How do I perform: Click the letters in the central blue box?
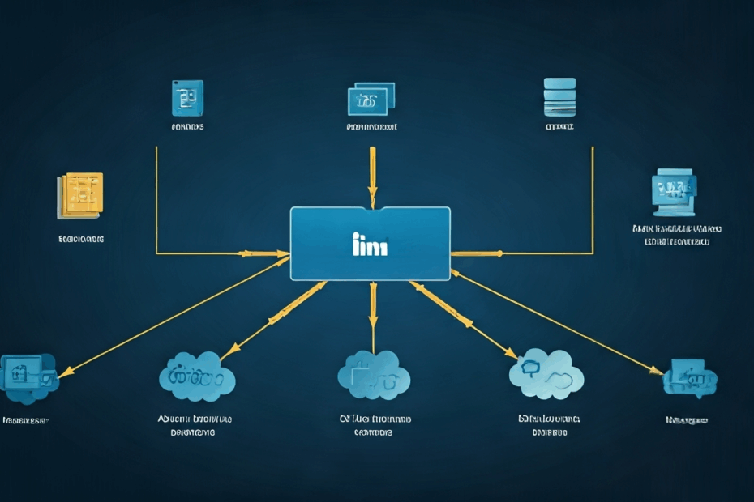pos(371,245)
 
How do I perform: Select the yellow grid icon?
pos(80,195)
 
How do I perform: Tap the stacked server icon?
pos(559,97)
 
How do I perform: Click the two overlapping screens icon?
pos(371,100)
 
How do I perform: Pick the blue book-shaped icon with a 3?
pos(187,98)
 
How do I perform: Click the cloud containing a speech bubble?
pos(546,374)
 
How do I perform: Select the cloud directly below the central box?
pos(373,375)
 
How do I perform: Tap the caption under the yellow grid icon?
pos(81,240)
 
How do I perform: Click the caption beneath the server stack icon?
pos(559,127)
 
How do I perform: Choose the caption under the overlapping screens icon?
pos(371,127)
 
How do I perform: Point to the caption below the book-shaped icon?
pos(187,127)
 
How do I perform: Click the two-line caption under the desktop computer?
pos(677,235)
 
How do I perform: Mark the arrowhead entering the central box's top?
pos(372,199)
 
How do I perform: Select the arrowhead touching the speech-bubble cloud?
pos(511,353)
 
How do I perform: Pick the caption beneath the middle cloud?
pos(374,425)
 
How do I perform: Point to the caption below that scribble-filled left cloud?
pos(195,425)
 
